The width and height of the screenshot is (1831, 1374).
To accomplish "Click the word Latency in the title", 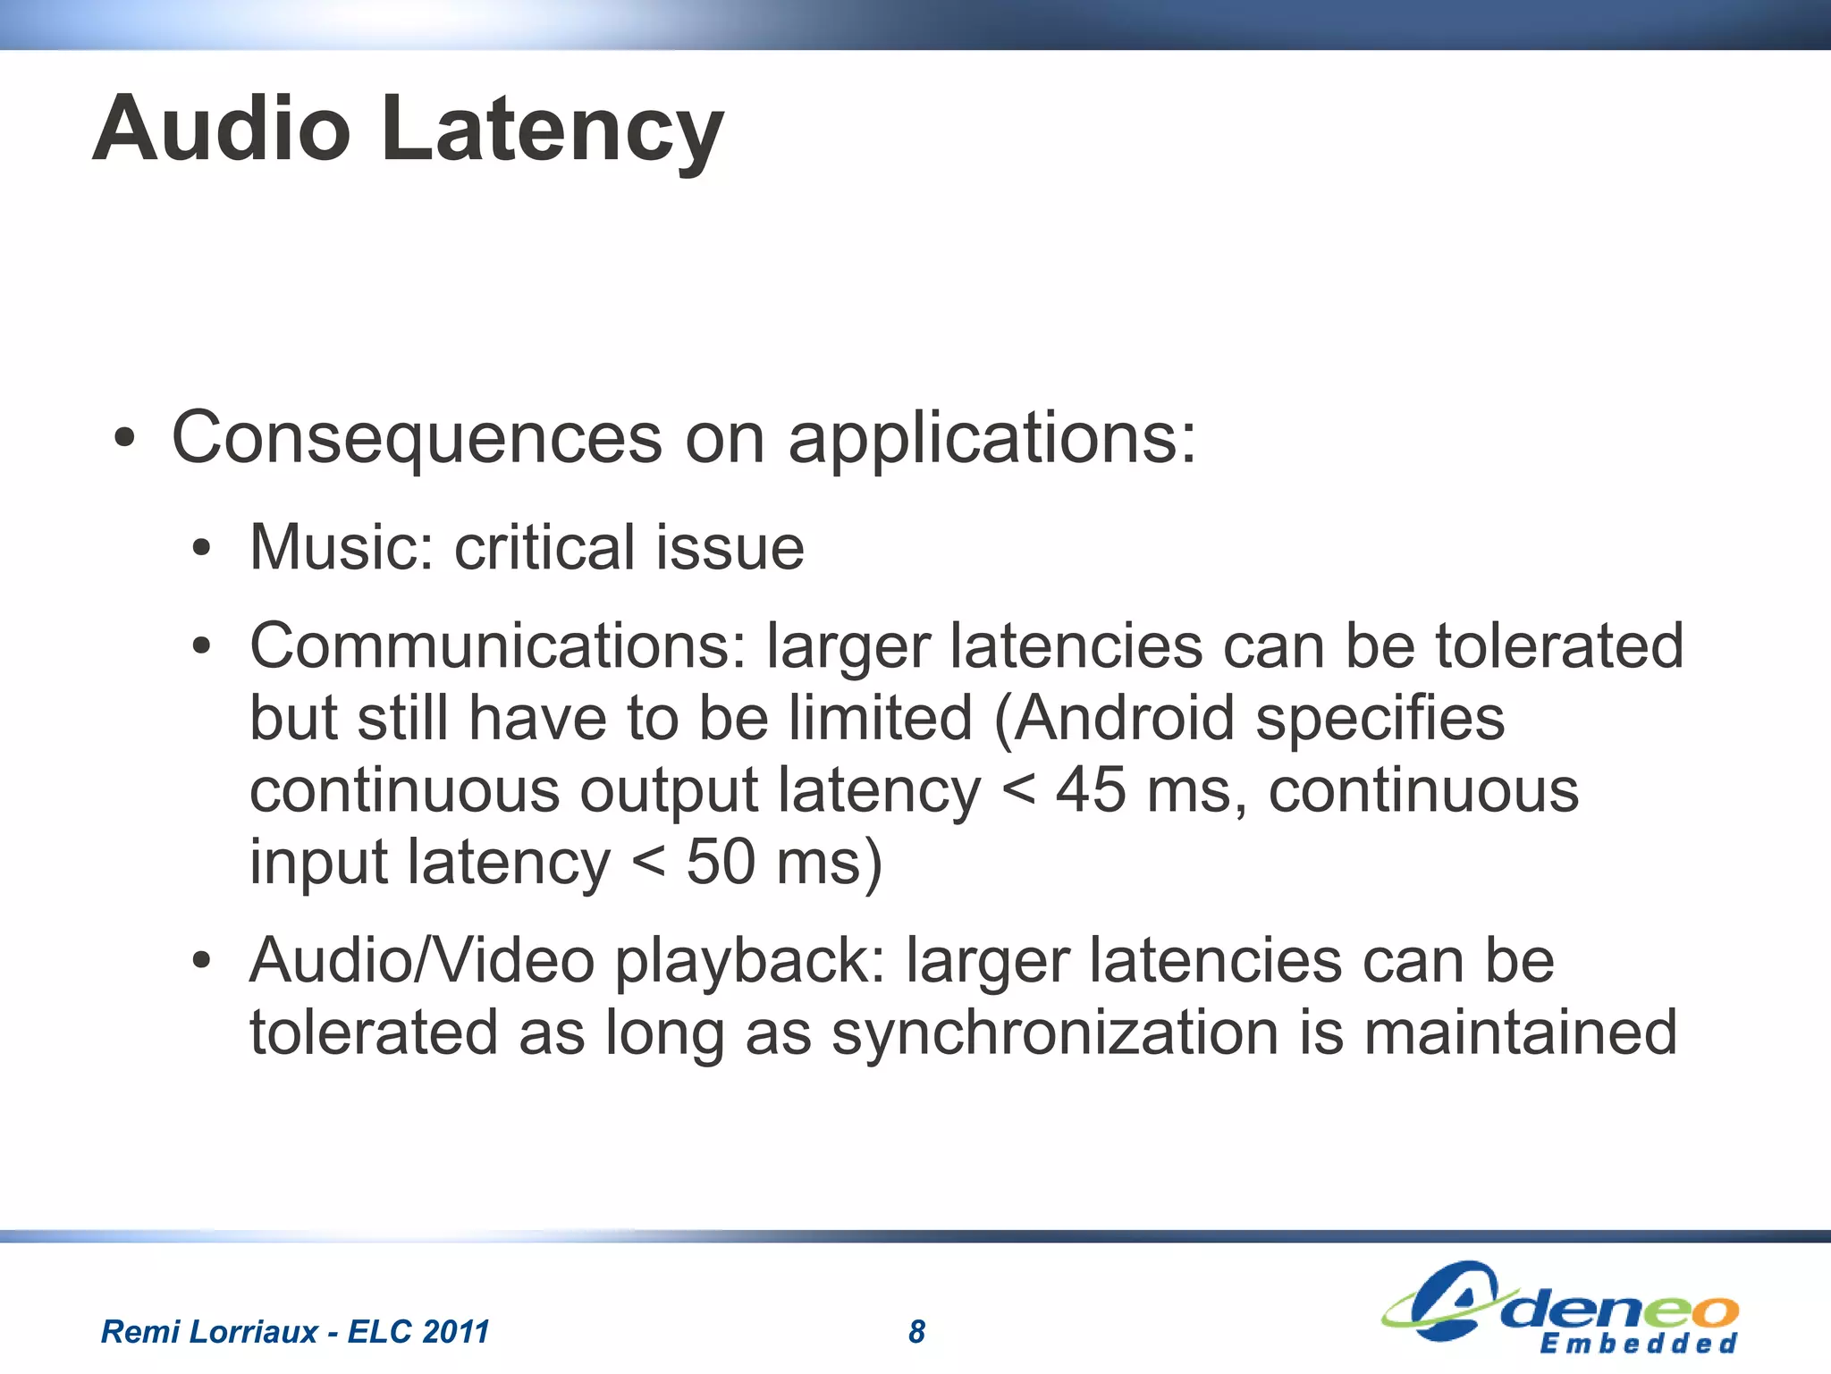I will pyautogui.click(x=552, y=130).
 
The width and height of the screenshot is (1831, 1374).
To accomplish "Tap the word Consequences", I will pyautogui.click(x=417, y=438).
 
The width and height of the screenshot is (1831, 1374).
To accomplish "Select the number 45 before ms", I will pyautogui.click(x=1090, y=790).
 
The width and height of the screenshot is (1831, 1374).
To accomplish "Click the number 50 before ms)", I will pyautogui.click(x=721, y=862).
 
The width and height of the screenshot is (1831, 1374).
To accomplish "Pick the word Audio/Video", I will pyautogui.click(x=422, y=961).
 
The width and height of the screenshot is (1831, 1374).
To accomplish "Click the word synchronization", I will pyautogui.click(x=1055, y=1033).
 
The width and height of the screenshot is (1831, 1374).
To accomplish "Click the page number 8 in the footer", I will pyautogui.click(x=916, y=1332).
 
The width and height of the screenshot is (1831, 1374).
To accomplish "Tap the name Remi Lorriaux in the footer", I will pyautogui.click(x=209, y=1332).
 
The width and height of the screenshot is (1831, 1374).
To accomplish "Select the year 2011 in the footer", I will pyautogui.click(x=455, y=1332).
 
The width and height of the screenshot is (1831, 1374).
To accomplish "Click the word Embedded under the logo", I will pyautogui.click(x=1638, y=1344).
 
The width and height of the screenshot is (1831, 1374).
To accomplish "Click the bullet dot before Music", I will pyautogui.click(x=202, y=549).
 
